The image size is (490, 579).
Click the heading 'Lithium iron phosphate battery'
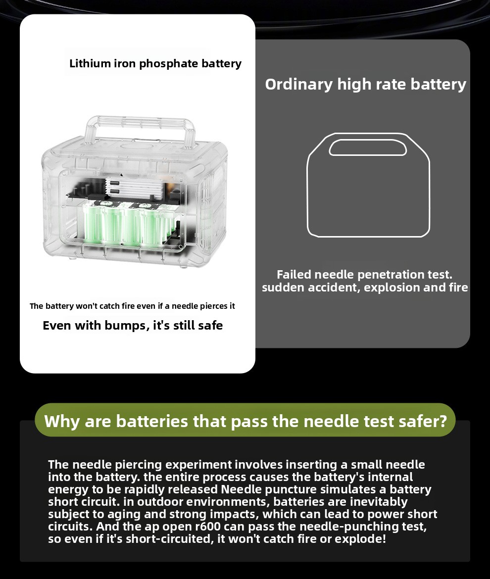(155, 63)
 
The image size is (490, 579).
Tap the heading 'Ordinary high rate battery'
(366, 85)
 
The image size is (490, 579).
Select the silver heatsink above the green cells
(134, 189)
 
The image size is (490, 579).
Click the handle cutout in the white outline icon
(368, 147)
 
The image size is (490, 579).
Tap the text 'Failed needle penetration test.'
(364, 274)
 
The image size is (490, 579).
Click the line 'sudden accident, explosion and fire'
(365, 288)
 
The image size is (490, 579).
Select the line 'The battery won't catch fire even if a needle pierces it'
(132, 306)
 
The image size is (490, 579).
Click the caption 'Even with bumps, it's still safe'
(133, 325)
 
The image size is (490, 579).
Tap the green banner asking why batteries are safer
(245, 420)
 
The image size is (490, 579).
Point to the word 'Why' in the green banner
(62, 422)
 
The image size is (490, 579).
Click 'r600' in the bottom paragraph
(207, 526)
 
